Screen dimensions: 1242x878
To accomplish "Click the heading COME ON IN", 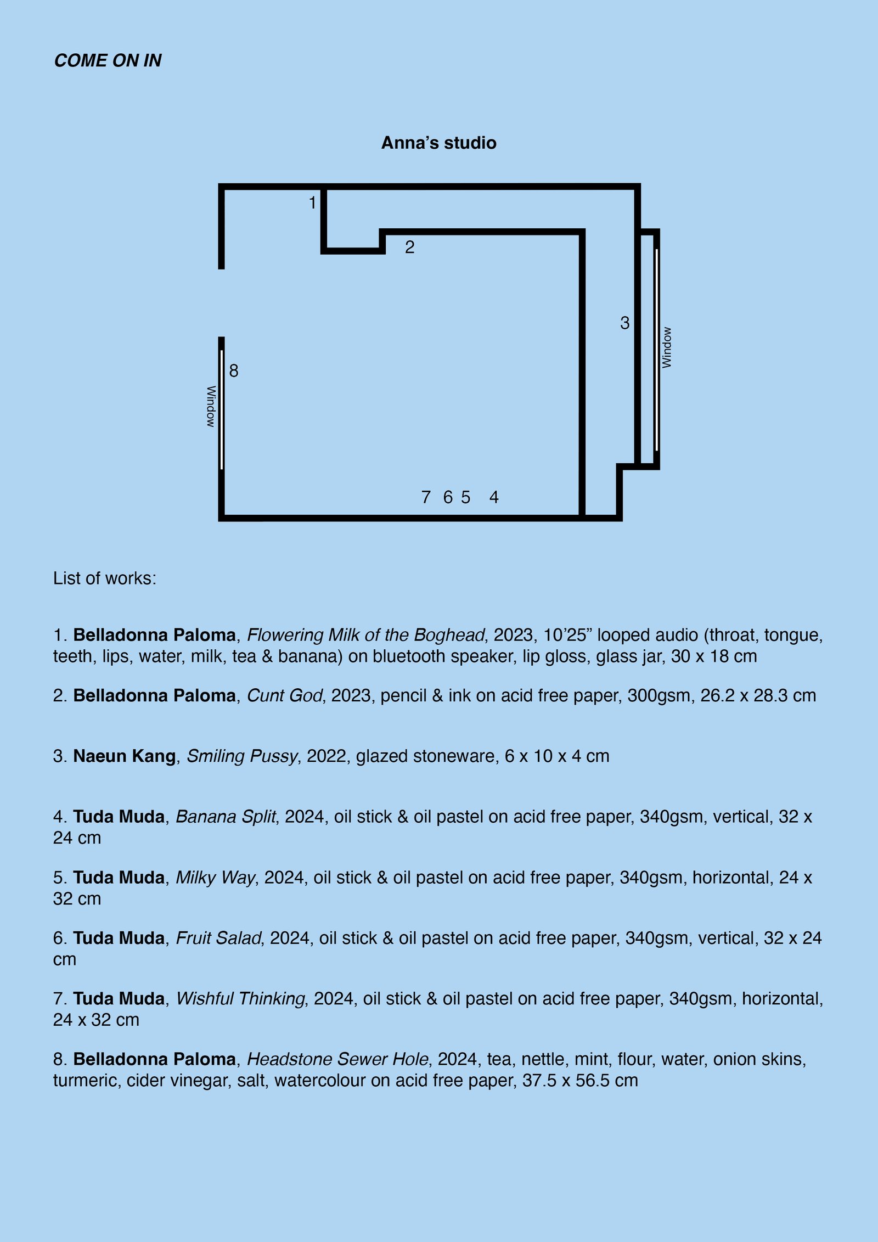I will [108, 60].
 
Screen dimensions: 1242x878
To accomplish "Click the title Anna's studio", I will [438, 143].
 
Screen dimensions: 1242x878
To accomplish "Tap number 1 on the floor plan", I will [312, 203].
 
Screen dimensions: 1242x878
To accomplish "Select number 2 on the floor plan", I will [409, 247].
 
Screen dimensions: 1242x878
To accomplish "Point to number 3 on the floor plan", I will [624, 323].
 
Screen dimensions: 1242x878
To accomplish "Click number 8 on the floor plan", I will [234, 371].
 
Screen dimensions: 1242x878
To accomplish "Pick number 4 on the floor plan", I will [494, 497].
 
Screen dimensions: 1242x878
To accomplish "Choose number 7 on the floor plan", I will [426, 497].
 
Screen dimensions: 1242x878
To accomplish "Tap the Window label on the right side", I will [667, 347].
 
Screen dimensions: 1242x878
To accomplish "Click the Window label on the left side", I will [211, 406].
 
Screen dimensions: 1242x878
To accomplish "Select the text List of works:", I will [104, 578].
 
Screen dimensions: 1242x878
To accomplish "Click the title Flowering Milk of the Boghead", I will [365, 635].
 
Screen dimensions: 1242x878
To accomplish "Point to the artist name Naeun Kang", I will [124, 756].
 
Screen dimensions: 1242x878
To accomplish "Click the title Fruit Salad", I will [218, 938].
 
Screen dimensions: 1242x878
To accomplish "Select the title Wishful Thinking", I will [240, 998].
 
